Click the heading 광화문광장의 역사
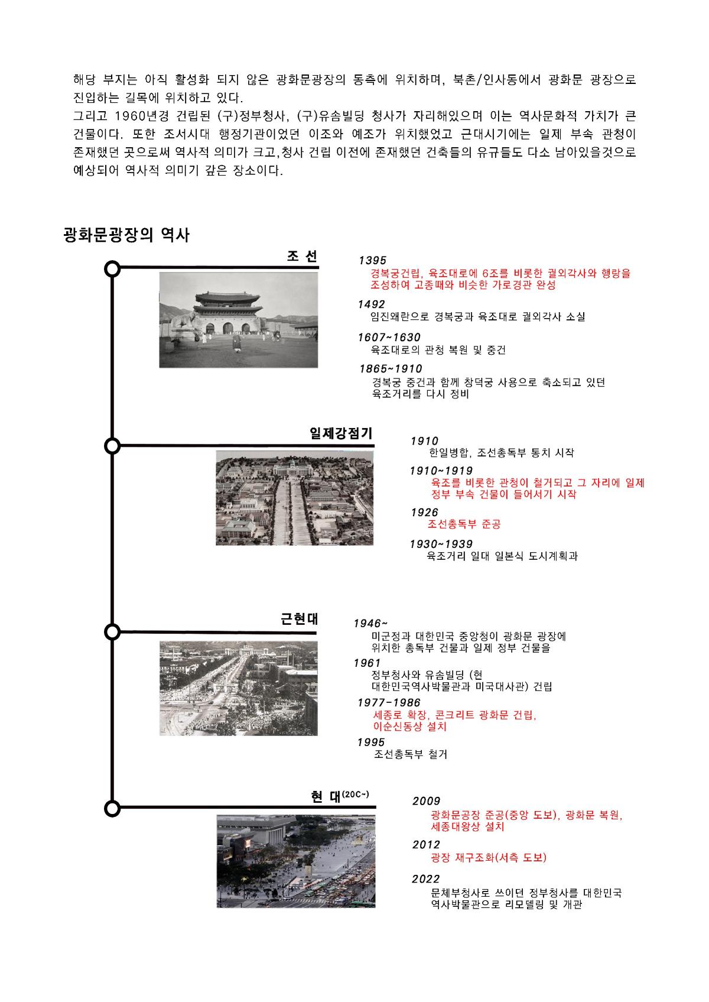126,235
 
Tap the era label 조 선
302,256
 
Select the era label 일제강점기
341,433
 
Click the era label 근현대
299,619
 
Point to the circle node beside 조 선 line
112,269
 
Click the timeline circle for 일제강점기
112,446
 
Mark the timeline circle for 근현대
112,631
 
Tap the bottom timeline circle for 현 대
112,808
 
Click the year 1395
372,260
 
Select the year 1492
371,304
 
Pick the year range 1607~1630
389,338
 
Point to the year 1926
424,512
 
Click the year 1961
366,663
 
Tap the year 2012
426,845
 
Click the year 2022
426,879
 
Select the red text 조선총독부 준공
464,524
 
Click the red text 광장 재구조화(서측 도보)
489,858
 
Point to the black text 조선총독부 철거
411,754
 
